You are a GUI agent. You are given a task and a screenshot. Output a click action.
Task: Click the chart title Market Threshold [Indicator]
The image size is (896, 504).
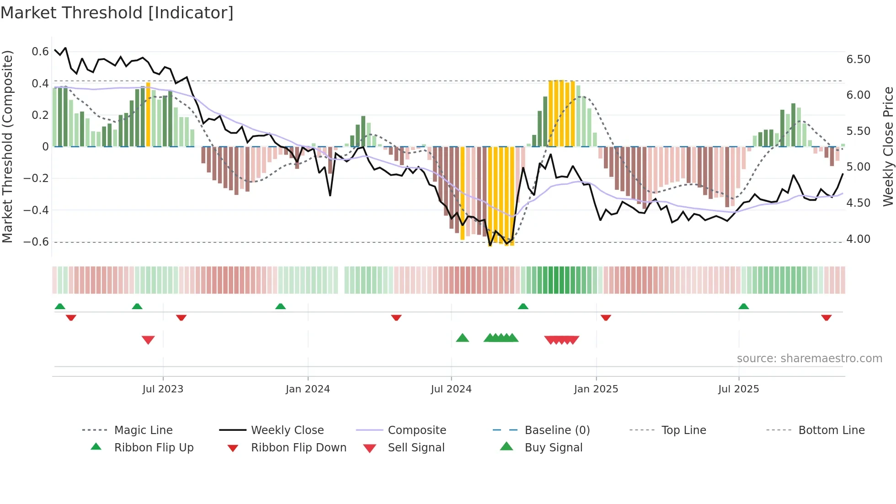tap(117, 13)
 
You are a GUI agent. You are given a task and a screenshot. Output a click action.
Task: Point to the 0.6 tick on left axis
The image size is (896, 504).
tap(40, 52)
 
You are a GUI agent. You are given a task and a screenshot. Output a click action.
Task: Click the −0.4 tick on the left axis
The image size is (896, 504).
tap(36, 210)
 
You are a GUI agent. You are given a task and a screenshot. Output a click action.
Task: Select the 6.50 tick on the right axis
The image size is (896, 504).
tap(858, 59)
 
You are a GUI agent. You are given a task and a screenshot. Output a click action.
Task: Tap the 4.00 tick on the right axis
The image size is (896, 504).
tap(858, 239)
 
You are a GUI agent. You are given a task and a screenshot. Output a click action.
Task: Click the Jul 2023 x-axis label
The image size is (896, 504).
tap(163, 389)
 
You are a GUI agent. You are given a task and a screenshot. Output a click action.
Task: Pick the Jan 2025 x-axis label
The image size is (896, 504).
tap(596, 389)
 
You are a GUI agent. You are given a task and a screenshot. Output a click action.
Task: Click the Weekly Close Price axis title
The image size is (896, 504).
tap(888, 146)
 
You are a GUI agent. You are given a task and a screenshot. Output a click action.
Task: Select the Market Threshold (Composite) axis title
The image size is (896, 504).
tap(7, 146)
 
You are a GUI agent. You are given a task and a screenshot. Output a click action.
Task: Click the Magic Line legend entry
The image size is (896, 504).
tap(143, 430)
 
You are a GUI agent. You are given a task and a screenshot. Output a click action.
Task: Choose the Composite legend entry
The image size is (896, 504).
tap(416, 430)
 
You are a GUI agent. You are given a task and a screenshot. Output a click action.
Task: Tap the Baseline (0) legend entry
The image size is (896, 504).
tap(557, 430)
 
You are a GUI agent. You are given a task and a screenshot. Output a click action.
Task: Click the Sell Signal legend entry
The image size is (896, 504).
tap(416, 448)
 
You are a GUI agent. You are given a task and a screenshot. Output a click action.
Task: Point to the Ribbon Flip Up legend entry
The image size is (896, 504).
tap(154, 448)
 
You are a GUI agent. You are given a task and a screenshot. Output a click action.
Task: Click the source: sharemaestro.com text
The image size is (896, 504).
tap(809, 359)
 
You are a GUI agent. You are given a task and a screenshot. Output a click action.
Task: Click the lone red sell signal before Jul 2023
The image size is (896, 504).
tap(148, 339)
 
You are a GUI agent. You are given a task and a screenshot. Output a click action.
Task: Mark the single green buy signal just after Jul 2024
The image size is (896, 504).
tap(462, 338)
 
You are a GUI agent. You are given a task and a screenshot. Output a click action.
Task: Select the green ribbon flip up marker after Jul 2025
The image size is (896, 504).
tap(743, 306)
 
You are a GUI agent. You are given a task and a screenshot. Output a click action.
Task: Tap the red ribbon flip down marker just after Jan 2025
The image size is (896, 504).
tap(606, 317)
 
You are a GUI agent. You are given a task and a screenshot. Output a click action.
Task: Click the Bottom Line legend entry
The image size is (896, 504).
tap(831, 430)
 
